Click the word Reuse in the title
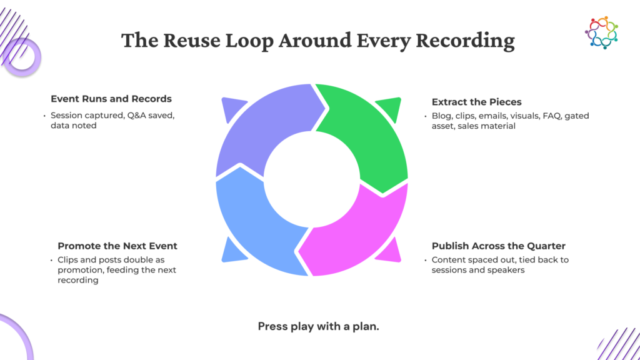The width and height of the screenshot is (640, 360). pos(192,40)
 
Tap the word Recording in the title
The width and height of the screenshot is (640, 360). pos(465,41)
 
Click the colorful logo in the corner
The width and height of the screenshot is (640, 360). pos(602,32)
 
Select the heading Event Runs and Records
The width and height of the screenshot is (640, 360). pos(111,99)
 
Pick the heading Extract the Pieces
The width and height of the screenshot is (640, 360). pos(477,102)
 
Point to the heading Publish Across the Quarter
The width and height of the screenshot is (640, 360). pos(498,246)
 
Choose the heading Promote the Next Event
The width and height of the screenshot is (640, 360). pos(117,246)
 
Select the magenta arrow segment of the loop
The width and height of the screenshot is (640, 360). pos(359,237)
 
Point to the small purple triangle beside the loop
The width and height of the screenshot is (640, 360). pos(232,107)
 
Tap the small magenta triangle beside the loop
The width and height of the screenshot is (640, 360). pos(390,251)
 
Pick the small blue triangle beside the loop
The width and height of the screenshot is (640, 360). pos(232,251)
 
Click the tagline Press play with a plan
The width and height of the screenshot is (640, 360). pos(318,326)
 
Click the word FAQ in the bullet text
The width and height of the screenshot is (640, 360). pos(551,116)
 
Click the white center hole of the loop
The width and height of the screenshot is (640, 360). pos(312,179)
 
